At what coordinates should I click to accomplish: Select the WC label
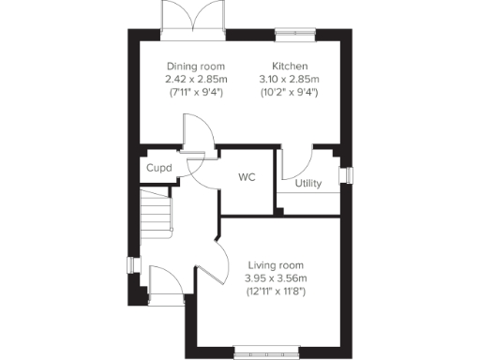point(247,177)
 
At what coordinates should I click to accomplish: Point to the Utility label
point(308,184)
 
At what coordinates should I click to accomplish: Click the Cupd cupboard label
point(157,169)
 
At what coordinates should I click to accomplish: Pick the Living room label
point(276,265)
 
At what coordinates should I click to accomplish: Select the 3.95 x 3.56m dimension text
point(276,278)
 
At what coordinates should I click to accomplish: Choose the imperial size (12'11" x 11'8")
point(276,292)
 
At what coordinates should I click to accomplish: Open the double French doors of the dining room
point(193,18)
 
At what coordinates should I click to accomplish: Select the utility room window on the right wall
point(348,174)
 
